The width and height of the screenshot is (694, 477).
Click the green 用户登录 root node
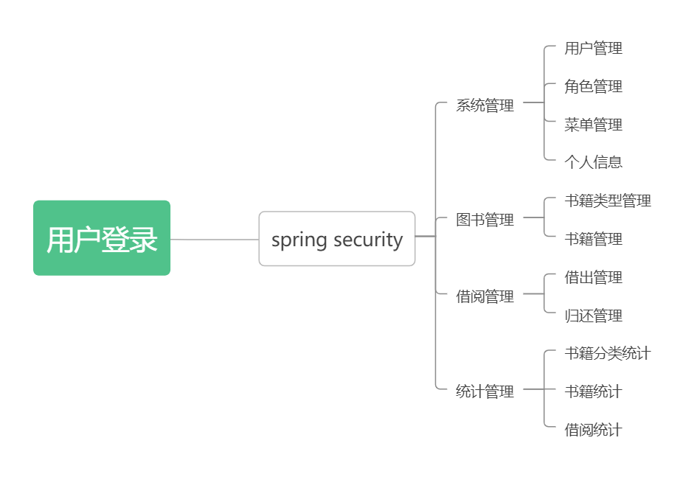pyautogui.click(x=102, y=238)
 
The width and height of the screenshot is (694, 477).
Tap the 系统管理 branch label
pyautogui.click(x=485, y=105)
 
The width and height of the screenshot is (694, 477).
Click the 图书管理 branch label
pyautogui.click(x=485, y=220)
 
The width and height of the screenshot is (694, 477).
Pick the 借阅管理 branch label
pyautogui.click(x=485, y=296)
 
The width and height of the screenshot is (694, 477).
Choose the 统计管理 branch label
pyautogui.click(x=485, y=391)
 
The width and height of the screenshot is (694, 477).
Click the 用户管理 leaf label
pyautogui.click(x=593, y=49)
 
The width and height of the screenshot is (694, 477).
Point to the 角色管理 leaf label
pyautogui.click(x=593, y=87)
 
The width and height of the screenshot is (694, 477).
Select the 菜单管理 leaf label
pyautogui.click(x=593, y=125)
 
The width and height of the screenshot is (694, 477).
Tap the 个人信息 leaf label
pyautogui.click(x=593, y=162)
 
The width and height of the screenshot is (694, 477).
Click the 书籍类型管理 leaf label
pyautogui.click(x=608, y=201)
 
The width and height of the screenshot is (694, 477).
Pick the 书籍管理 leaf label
pyautogui.click(x=593, y=239)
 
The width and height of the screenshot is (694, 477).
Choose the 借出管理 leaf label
pyautogui.click(x=593, y=277)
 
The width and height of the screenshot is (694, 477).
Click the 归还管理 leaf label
pyautogui.click(x=593, y=316)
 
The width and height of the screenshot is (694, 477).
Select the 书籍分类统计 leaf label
pyautogui.click(x=608, y=353)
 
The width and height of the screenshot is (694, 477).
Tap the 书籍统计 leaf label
pyautogui.click(x=593, y=391)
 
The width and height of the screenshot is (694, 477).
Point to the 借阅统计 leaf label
pyautogui.click(x=593, y=430)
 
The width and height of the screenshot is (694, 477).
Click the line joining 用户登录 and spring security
pyautogui.click(x=214, y=240)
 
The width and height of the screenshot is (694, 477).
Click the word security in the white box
pyautogui.click(x=368, y=240)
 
